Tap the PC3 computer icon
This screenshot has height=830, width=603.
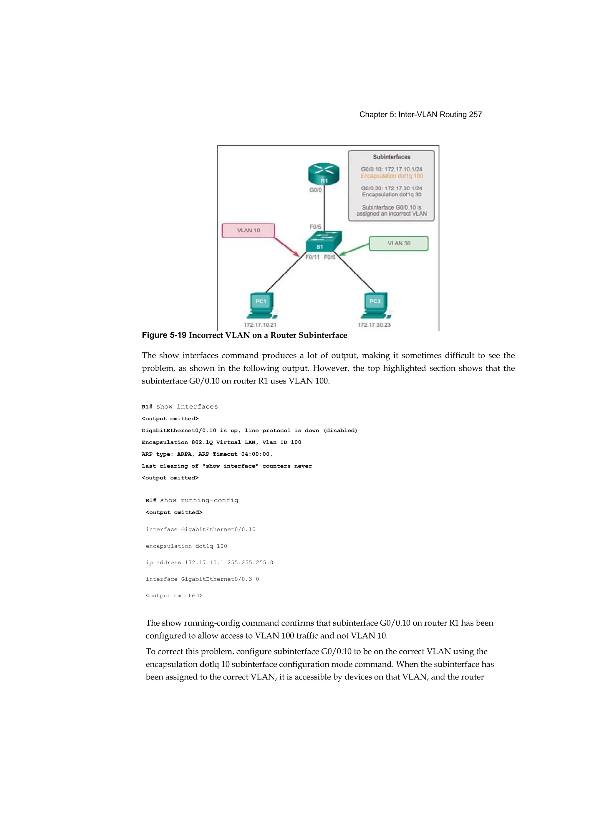pyautogui.click(x=376, y=305)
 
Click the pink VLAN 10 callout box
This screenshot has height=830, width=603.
pyautogui.click(x=248, y=230)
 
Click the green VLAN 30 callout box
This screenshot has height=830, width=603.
pyautogui.click(x=398, y=243)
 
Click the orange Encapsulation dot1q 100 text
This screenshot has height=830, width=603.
pyautogui.click(x=392, y=176)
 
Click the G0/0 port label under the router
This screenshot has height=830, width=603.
pyautogui.click(x=315, y=190)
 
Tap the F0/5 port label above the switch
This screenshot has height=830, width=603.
pyautogui.click(x=315, y=227)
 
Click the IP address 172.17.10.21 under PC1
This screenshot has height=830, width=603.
pyautogui.click(x=260, y=325)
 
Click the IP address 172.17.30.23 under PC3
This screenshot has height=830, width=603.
pyautogui.click(x=374, y=325)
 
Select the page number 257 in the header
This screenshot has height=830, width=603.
pyautogui.click(x=475, y=115)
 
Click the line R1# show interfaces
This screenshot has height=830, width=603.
pyautogui.click(x=180, y=406)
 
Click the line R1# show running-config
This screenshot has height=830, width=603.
pyautogui.click(x=192, y=500)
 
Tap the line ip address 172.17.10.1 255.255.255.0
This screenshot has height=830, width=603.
pyautogui.click(x=209, y=563)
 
